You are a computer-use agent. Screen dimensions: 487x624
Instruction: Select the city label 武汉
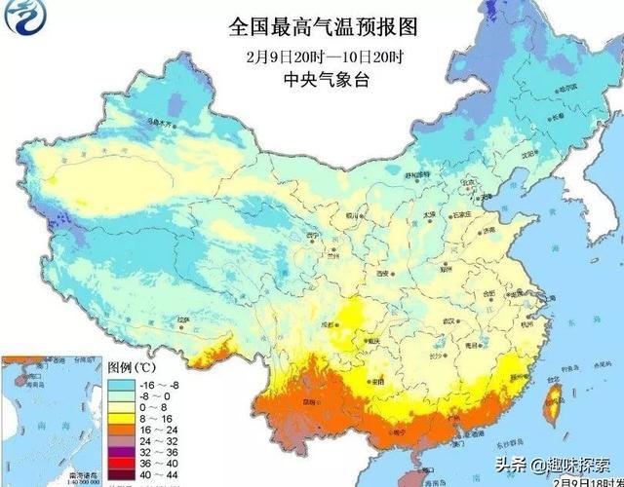[451, 320]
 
